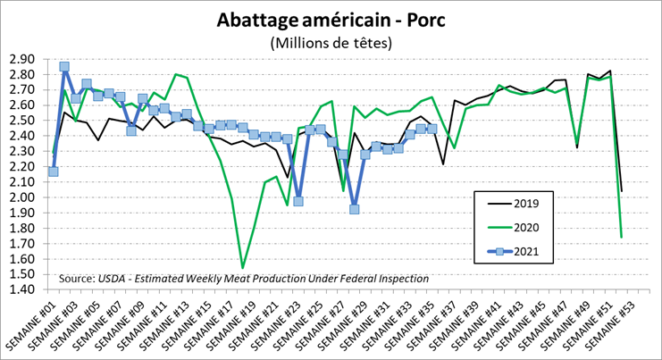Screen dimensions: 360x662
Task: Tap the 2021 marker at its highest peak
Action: tap(64, 66)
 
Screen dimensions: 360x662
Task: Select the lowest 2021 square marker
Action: tap(354, 209)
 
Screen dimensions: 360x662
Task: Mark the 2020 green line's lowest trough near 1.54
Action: tap(243, 267)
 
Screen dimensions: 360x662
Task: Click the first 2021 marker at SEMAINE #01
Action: tap(54, 171)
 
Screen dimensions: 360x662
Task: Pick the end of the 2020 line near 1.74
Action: tap(622, 237)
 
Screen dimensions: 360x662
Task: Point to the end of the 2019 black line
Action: tap(622, 190)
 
